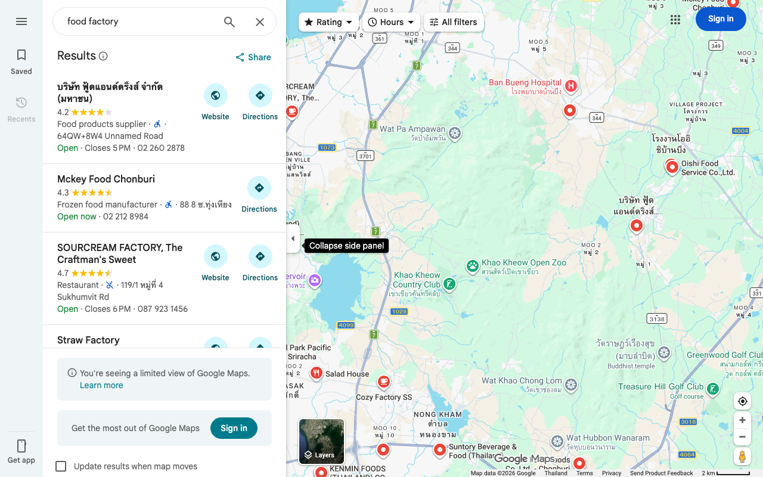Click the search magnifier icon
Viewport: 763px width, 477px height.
(x=229, y=22)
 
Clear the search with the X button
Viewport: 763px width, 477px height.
(x=260, y=22)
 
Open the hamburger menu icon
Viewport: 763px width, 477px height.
(x=21, y=21)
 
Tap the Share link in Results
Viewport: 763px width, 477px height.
(x=253, y=57)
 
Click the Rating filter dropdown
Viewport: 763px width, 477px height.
(x=328, y=22)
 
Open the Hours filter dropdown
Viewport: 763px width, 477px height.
(x=391, y=22)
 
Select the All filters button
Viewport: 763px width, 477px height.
(x=454, y=22)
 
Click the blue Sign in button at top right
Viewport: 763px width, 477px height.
(x=721, y=19)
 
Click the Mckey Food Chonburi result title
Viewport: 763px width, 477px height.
(x=106, y=179)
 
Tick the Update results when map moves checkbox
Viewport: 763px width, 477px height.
(x=61, y=466)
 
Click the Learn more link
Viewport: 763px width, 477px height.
(x=101, y=385)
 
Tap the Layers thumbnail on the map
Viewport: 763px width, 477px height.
(x=321, y=441)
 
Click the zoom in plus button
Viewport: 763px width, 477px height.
(x=742, y=420)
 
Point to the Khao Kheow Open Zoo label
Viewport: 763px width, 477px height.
(x=524, y=263)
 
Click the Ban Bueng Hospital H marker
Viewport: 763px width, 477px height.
(x=571, y=86)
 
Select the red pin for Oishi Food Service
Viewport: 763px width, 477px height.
(x=672, y=167)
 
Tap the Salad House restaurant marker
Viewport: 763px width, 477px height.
(x=317, y=373)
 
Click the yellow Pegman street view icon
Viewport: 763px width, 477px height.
(x=742, y=457)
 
